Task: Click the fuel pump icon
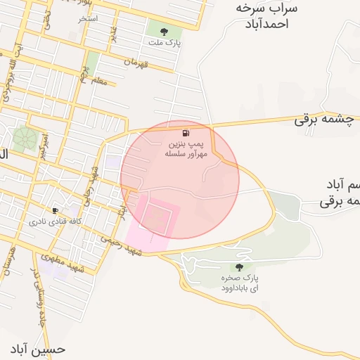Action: (185, 133)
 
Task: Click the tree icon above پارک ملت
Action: (164, 31)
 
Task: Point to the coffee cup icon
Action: (55, 210)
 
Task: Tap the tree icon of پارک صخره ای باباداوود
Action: (239, 267)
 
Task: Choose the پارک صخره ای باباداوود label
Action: (239, 283)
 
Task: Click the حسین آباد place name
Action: (39, 349)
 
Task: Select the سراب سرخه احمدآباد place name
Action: (266, 16)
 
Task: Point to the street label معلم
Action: (99, 82)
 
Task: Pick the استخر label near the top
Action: (87, 18)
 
